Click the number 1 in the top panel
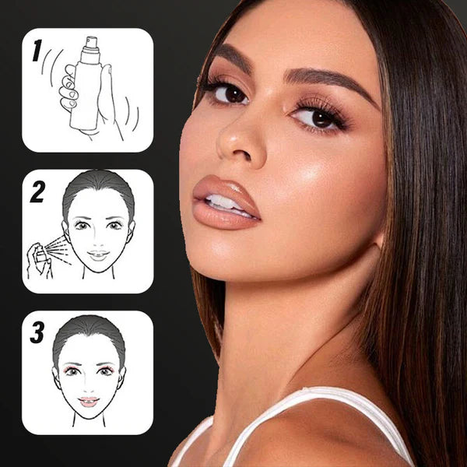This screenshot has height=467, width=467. tap(37, 51)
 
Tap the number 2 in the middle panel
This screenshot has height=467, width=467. tap(38, 191)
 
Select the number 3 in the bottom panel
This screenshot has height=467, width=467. tap(37, 332)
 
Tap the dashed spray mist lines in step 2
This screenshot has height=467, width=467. tap(59, 250)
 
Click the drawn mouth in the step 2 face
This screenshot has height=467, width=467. tap(99, 255)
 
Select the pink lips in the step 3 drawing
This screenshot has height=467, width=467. tap(89, 402)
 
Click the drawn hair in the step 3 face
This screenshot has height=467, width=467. tap(90, 332)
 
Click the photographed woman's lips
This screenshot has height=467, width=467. tap(225, 202)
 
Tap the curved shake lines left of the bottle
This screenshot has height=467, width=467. tap(51, 66)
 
